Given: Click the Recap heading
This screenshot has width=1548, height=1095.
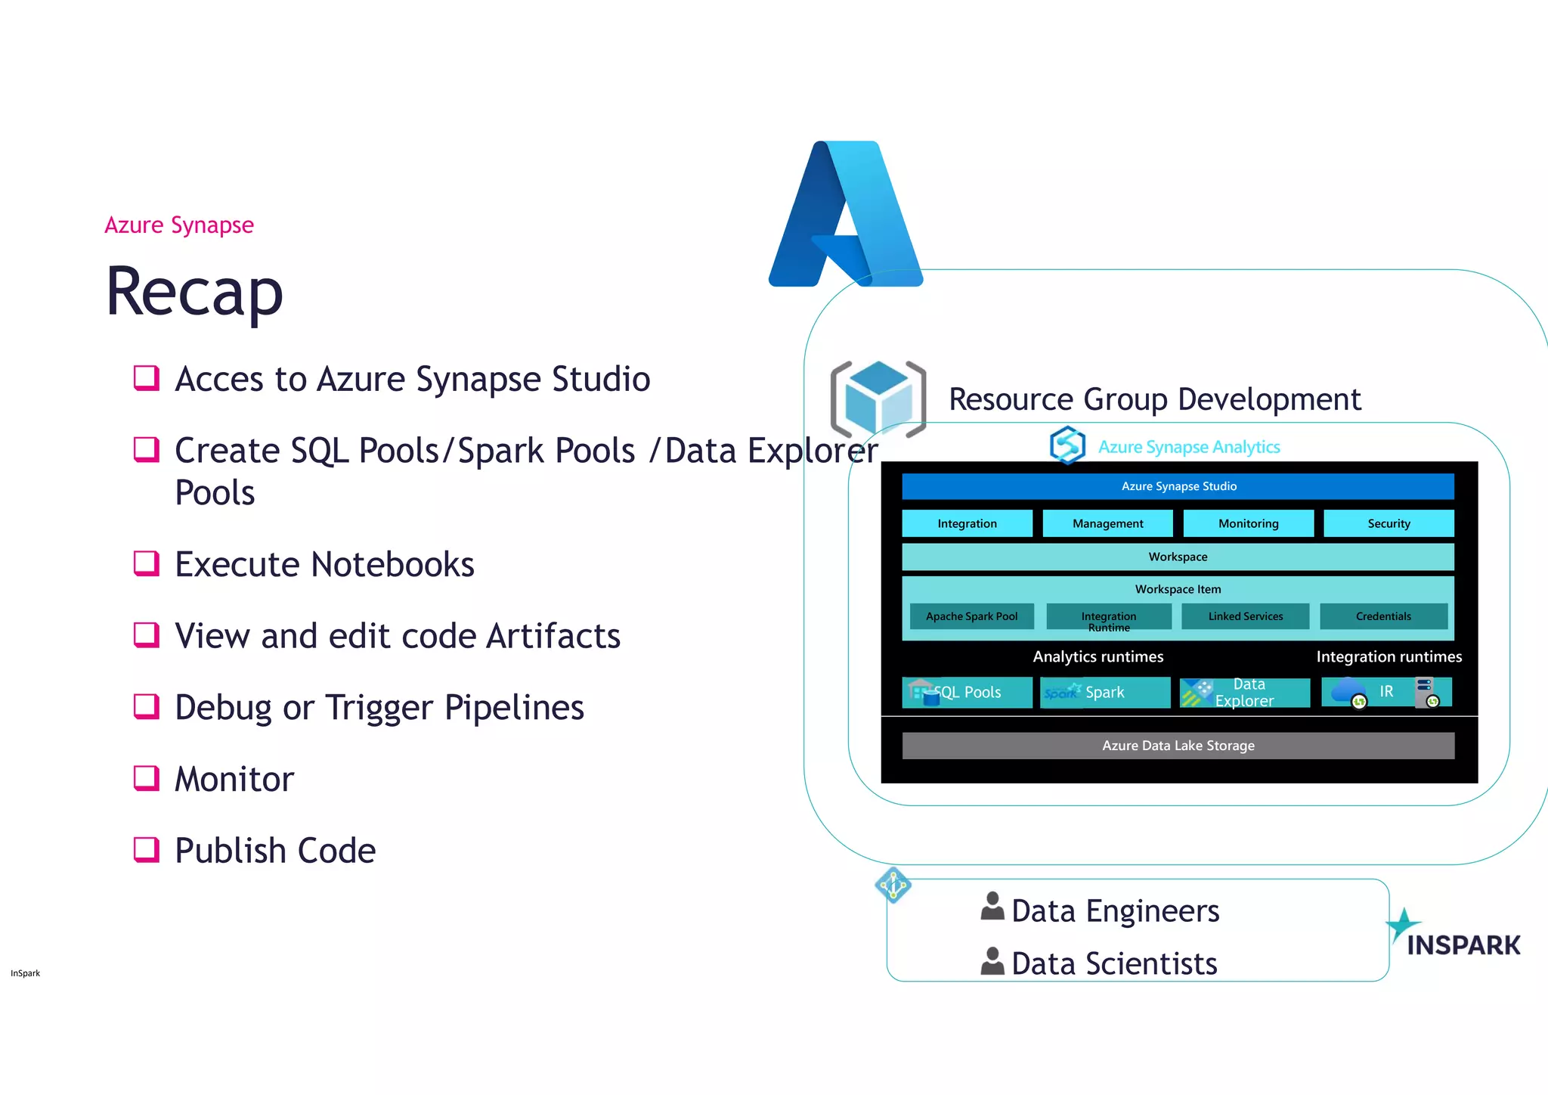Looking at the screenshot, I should click(194, 292).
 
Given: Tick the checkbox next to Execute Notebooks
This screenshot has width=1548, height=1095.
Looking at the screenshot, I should click(146, 563).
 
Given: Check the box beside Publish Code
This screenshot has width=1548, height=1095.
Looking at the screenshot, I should click(146, 849).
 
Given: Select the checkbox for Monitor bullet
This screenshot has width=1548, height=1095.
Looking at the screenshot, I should click(146, 777).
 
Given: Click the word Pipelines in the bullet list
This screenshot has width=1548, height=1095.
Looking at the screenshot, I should click(514, 708).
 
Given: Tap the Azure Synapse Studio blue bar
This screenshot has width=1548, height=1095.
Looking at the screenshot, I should click(1178, 486).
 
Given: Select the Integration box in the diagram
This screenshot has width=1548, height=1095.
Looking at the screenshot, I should click(967, 523).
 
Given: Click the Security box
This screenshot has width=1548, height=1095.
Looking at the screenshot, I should click(1389, 523).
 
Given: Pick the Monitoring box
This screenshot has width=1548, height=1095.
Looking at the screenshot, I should click(1248, 523).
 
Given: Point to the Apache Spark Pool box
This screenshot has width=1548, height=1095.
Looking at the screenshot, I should click(971, 616).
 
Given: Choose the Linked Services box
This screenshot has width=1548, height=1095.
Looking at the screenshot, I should click(1245, 616).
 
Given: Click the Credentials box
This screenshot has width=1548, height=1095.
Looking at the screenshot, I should click(1383, 616).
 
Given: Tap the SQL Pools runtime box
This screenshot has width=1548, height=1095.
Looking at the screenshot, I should click(967, 692).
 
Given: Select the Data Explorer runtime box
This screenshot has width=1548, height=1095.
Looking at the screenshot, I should click(1244, 692).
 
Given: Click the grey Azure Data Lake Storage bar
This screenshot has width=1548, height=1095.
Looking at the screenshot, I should click(1178, 746).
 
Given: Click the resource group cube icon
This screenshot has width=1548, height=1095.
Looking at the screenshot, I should click(878, 399).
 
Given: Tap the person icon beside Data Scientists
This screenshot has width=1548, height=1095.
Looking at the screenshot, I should click(992, 961).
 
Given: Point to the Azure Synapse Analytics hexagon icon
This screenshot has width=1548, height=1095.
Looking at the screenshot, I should click(1067, 445).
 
